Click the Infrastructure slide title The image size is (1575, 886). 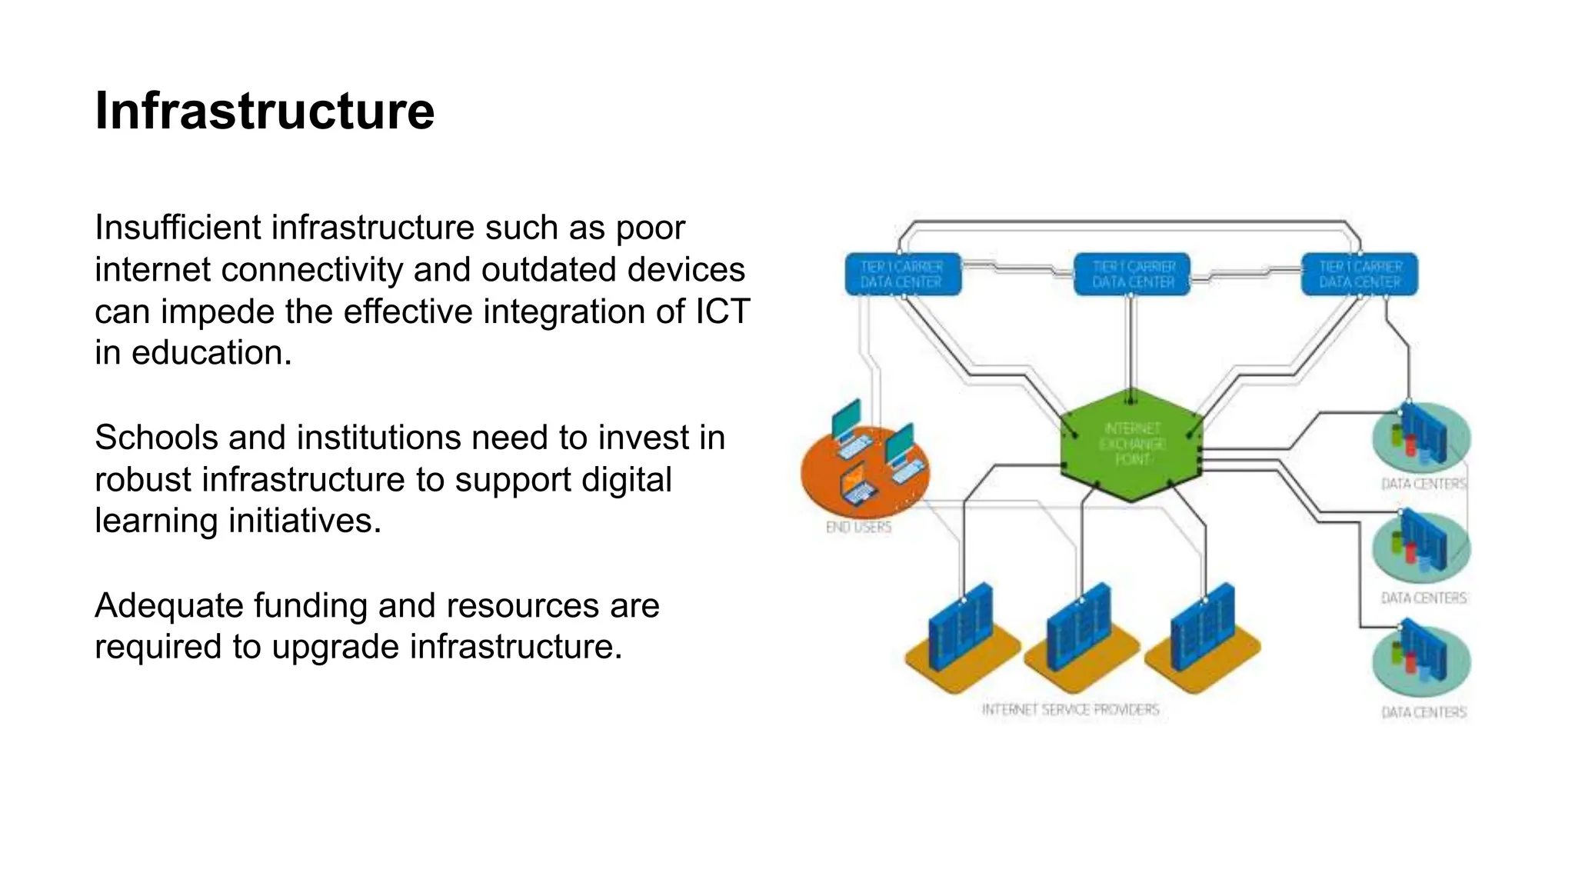click(x=264, y=112)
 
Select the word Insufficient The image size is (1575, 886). click(x=178, y=228)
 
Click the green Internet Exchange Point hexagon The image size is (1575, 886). click(x=1131, y=445)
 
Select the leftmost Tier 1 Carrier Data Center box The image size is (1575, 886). click(x=902, y=275)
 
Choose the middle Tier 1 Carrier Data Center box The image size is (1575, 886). click(x=1132, y=275)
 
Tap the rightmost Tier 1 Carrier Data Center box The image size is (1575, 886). click(x=1360, y=275)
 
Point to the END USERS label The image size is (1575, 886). click(x=858, y=528)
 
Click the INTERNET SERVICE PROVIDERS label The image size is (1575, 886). click(x=1070, y=710)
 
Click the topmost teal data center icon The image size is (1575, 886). click(x=1421, y=437)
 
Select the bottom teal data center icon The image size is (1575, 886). click(x=1421, y=661)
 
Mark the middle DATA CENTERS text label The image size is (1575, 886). click(x=1423, y=598)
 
